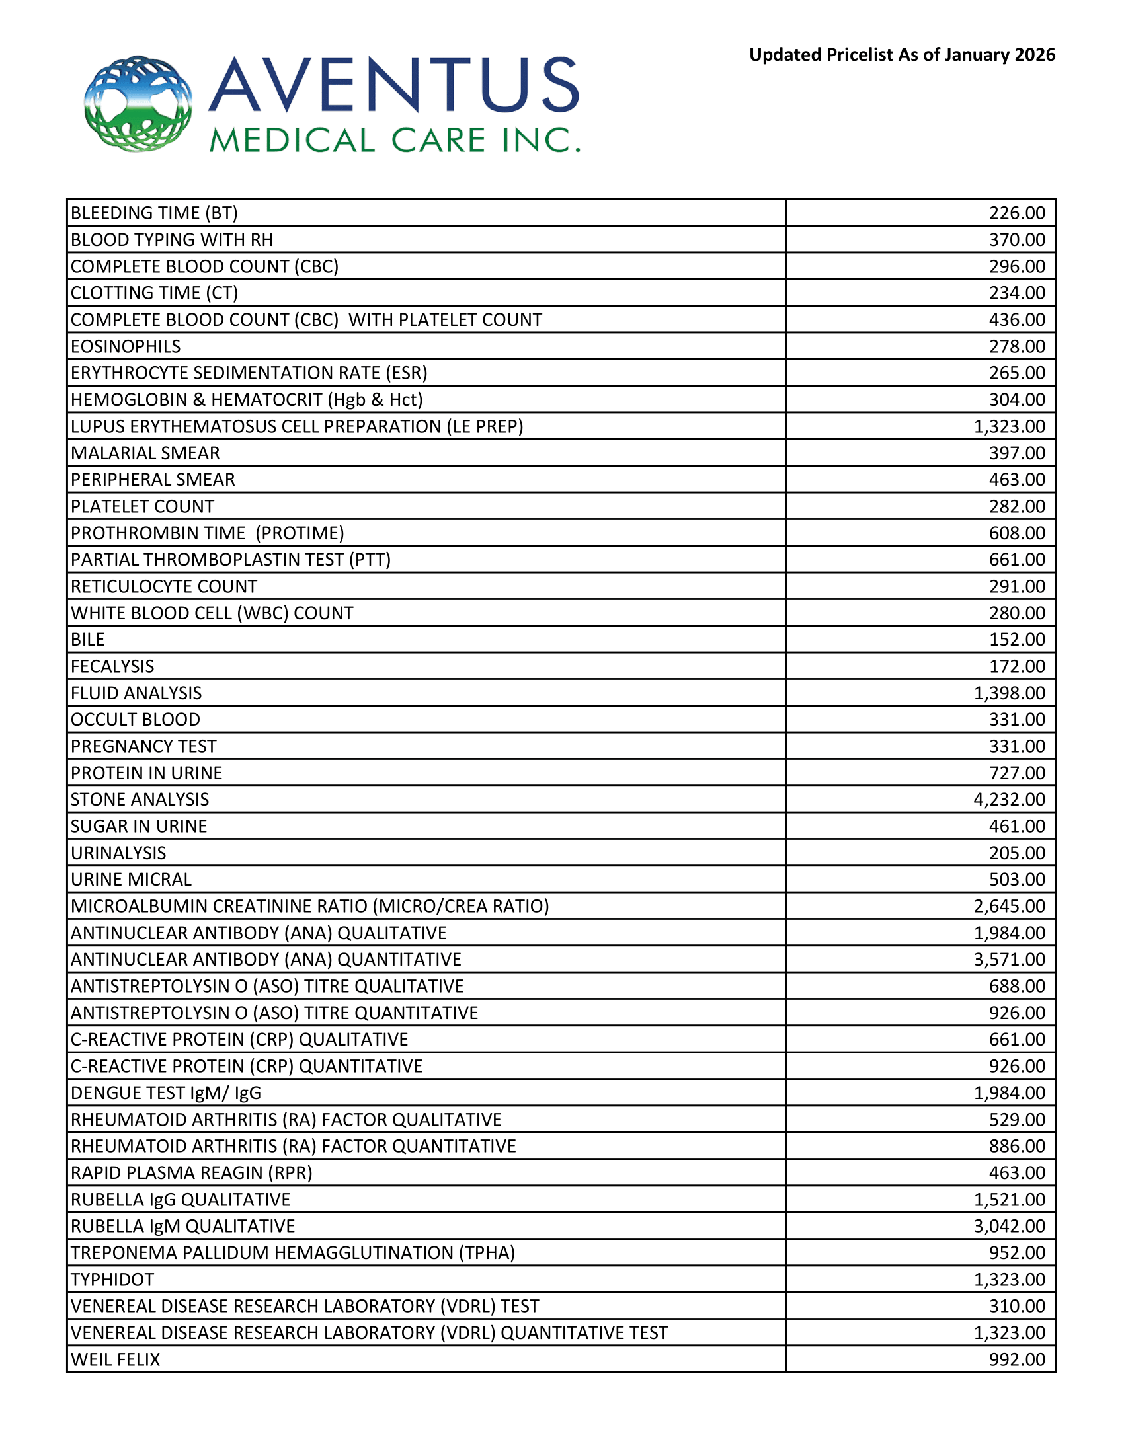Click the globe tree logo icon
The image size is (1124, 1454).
(138, 103)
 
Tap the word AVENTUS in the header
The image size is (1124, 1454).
(394, 85)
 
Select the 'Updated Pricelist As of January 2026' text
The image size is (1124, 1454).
(902, 55)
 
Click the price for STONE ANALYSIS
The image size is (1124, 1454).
(1009, 799)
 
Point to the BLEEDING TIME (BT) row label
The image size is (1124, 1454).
(154, 213)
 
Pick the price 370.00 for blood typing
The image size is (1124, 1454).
(1017, 240)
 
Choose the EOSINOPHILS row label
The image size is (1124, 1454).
(126, 346)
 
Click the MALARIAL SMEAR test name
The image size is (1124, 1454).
(145, 453)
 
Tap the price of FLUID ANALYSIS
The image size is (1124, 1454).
(1009, 693)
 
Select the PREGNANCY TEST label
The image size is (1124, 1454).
(144, 746)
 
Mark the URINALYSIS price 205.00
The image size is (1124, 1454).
(1017, 853)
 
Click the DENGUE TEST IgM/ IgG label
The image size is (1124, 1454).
(166, 1092)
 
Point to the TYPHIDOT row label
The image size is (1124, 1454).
(112, 1280)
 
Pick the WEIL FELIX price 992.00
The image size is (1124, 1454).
(1017, 1359)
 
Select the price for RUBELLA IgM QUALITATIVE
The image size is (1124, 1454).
(1009, 1225)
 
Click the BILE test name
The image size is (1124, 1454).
(88, 640)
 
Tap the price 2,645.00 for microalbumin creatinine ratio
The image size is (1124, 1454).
(1009, 906)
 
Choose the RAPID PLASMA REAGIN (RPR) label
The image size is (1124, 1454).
(192, 1172)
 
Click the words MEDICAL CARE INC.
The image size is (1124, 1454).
(394, 141)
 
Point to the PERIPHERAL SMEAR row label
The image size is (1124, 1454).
(153, 479)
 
